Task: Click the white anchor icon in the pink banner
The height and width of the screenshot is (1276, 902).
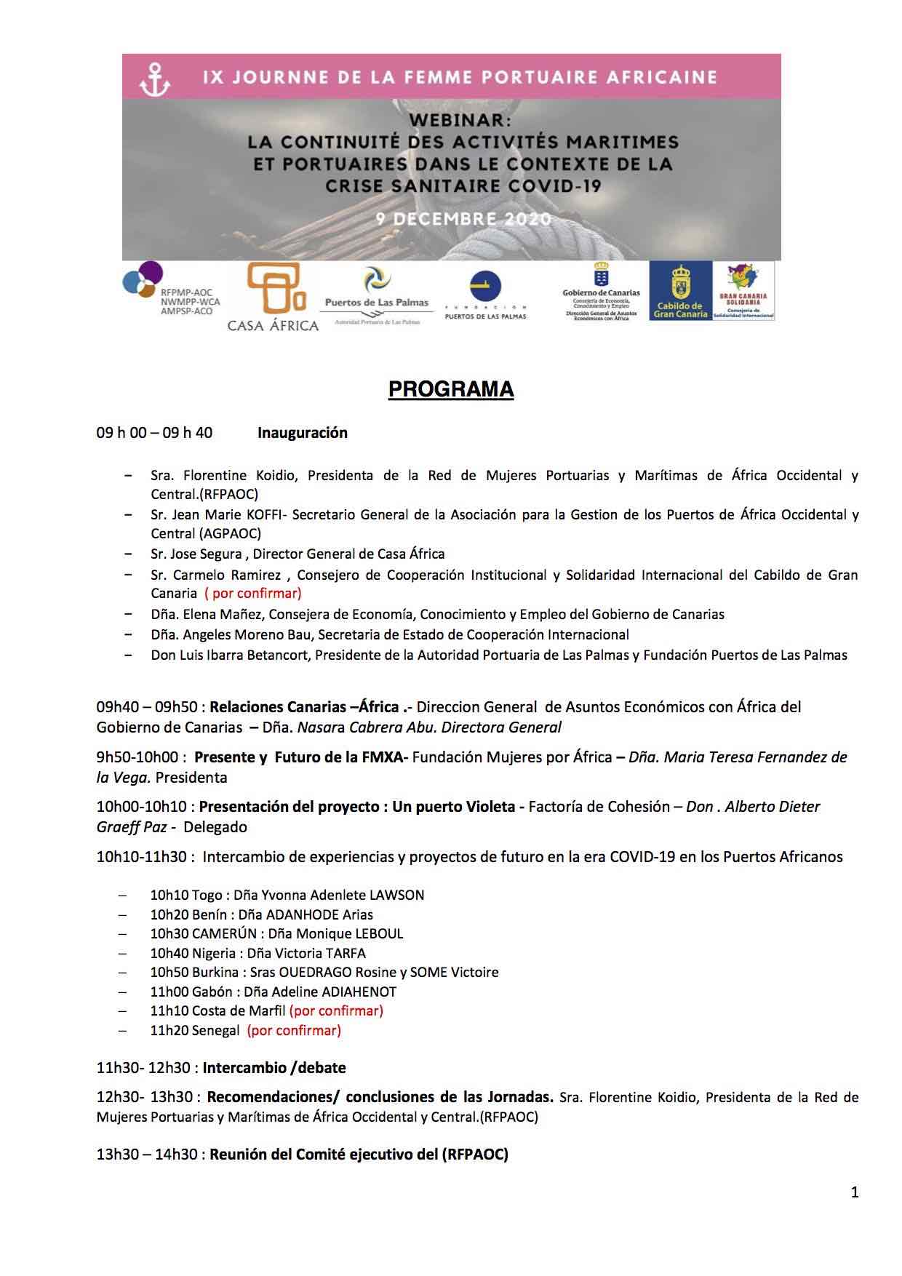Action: [154, 79]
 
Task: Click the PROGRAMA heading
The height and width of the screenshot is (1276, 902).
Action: [451, 390]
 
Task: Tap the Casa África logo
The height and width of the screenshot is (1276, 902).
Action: [273, 298]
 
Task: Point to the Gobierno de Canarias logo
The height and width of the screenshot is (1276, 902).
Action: [601, 291]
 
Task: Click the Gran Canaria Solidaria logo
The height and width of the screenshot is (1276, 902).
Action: [744, 291]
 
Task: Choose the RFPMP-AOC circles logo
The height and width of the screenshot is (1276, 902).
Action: [143, 279]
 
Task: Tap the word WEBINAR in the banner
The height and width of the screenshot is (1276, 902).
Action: [451, 119]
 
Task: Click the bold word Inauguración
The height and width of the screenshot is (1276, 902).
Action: [303, 433]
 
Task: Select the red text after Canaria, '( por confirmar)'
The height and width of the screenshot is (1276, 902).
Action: [252, 593]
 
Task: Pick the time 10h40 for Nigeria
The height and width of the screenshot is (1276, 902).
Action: [169, 953]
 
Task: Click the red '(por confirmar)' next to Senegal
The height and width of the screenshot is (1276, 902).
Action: [294, 1030]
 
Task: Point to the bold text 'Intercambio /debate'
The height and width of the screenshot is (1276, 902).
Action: [274, 1068]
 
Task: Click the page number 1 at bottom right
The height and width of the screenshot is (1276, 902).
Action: [855, 1192]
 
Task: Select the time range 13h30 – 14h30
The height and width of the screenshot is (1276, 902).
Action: [146, 1155]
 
